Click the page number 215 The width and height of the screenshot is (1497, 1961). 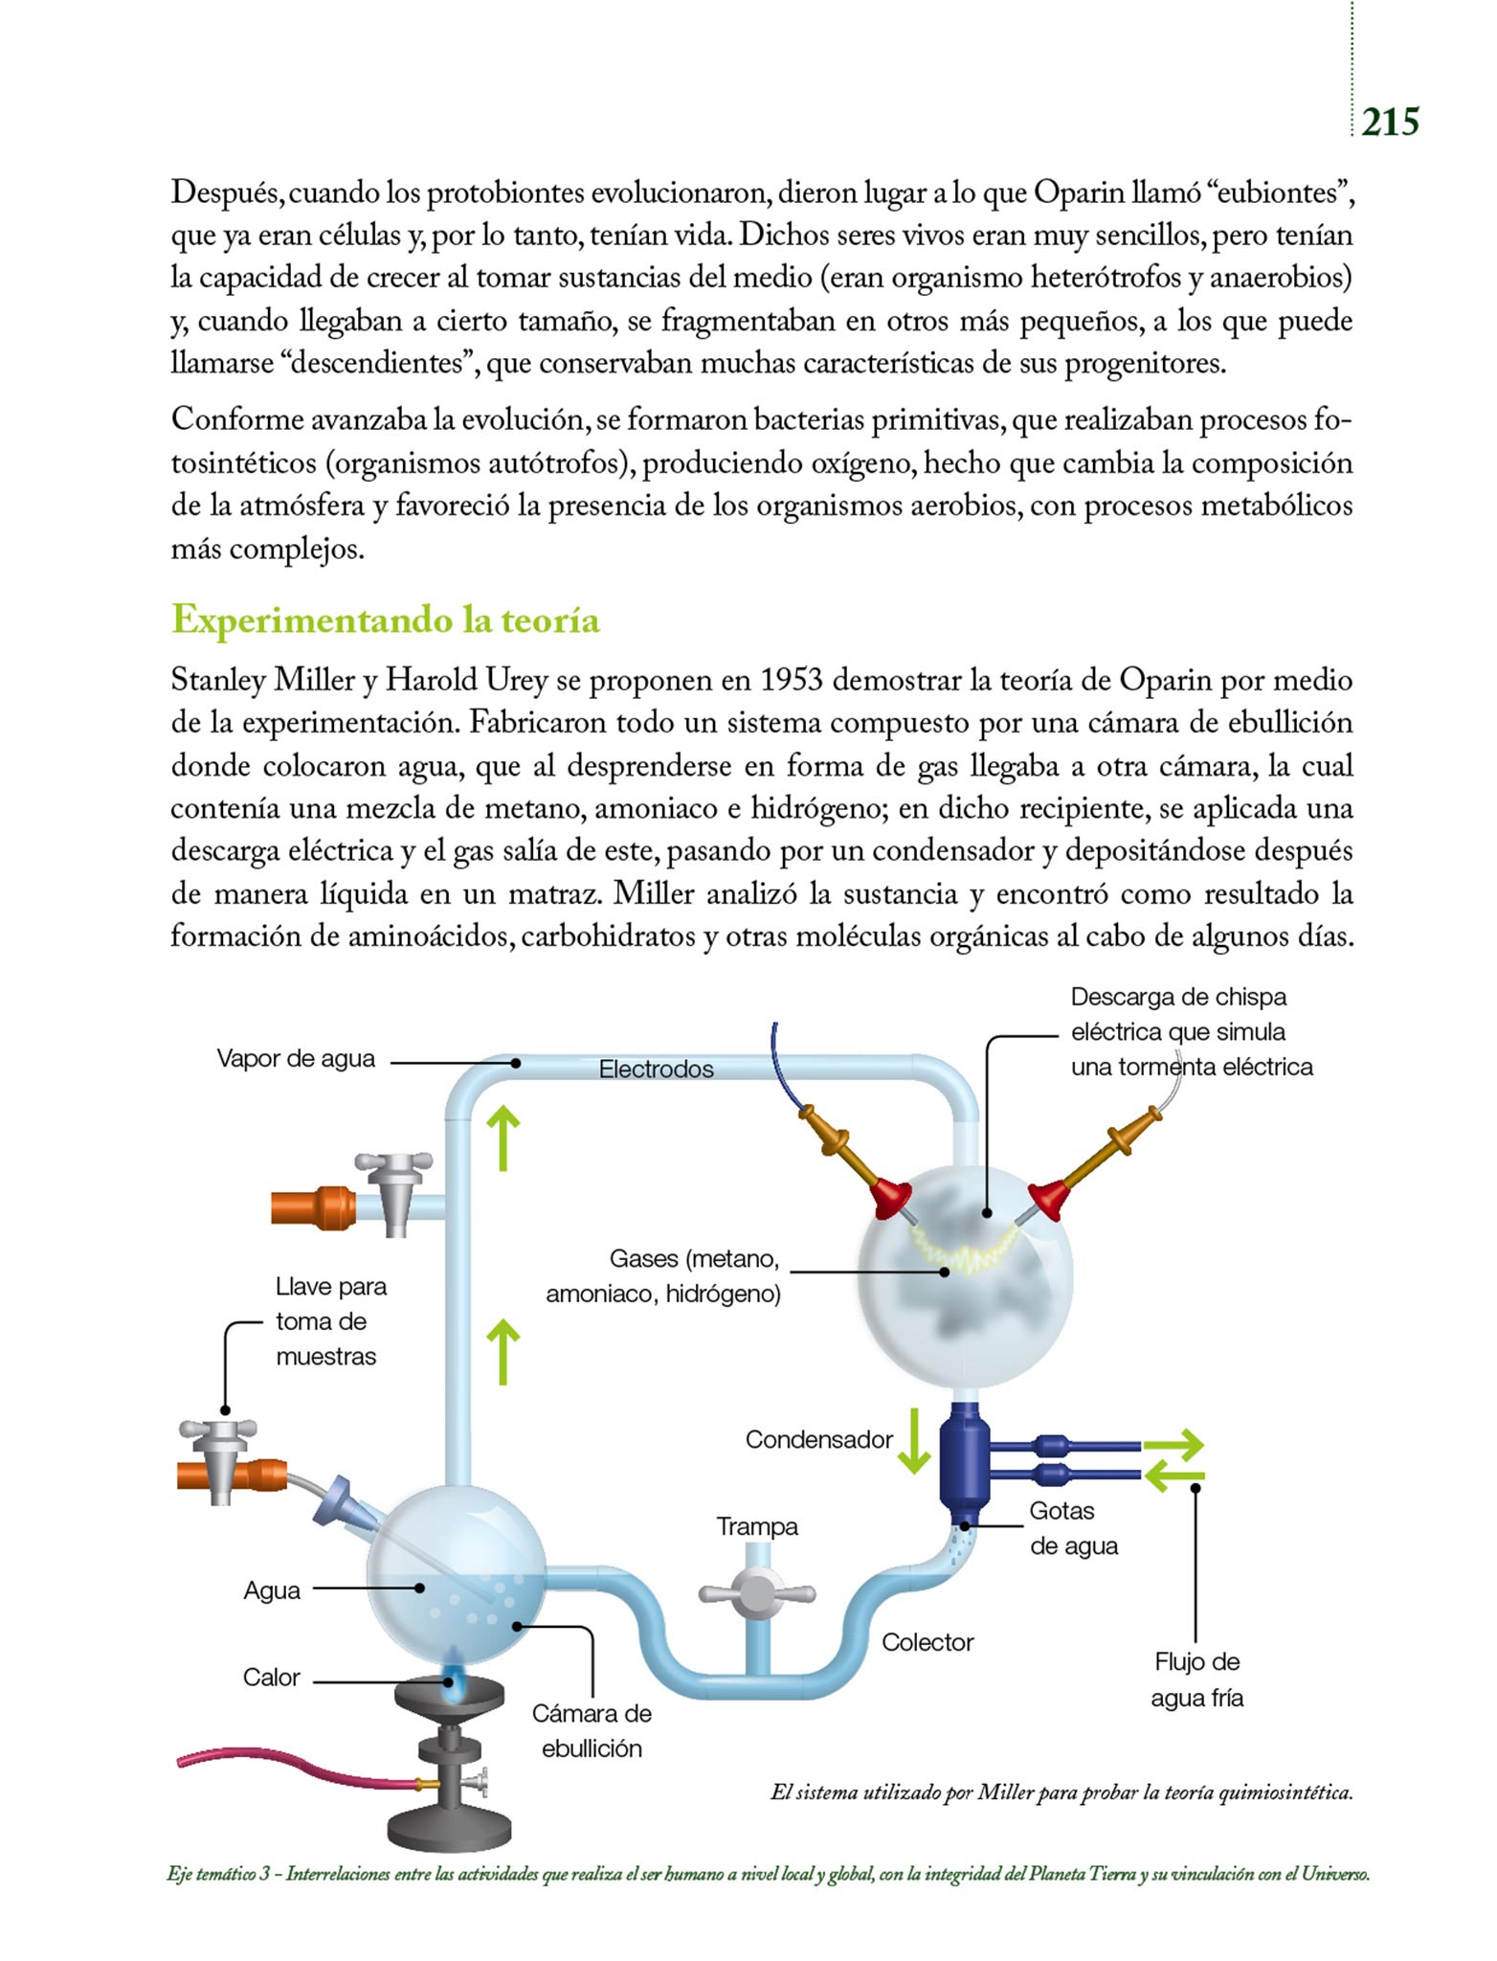(x=1390, y=123)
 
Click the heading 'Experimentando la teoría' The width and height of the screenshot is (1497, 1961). (x=385, y=620)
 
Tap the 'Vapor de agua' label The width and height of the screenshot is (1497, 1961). (x=296, y=1059)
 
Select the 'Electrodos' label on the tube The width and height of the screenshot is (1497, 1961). (x=656, y=1070)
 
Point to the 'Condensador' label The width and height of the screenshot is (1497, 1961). (x=818, y=1440)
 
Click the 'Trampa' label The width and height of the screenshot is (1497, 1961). (x=757, y=1526)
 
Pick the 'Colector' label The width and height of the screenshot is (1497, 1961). (x=927, y=1642)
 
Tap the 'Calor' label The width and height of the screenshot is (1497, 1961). (x=271, y=1678)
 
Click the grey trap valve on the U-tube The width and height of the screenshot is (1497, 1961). (x=756, y=1594)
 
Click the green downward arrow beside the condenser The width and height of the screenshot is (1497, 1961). (x=913, y=1441)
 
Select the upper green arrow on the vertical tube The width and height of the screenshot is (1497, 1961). (x=503, y=1138)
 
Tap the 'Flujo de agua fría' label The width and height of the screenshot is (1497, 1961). (x=1196, y=1679)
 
